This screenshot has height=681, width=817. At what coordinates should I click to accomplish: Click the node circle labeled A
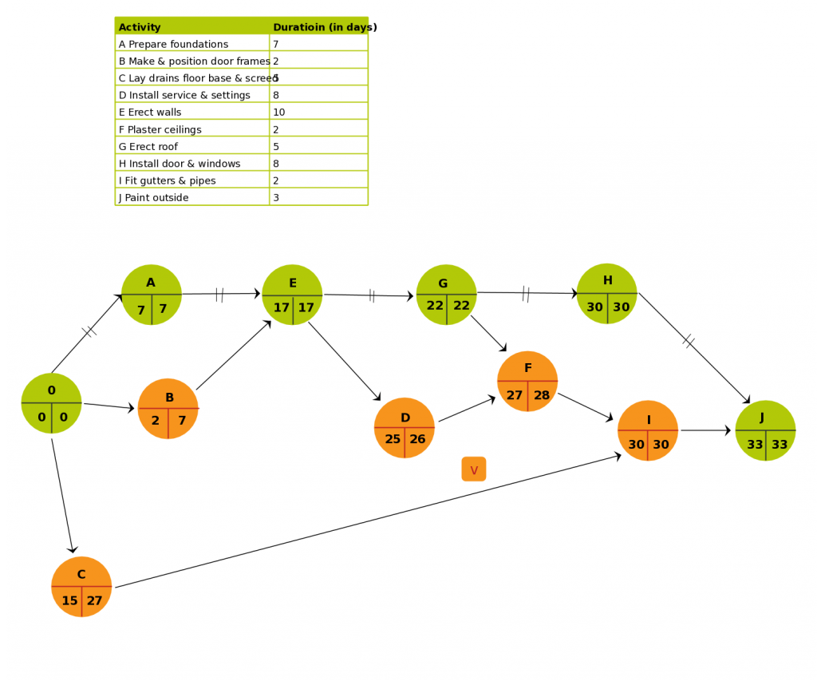pyautogui.click(x=152, y=295)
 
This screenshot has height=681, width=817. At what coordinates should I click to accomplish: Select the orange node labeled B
pyautogui.click(x=168, y=409)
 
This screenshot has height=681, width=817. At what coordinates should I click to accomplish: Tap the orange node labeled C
pyautogui.click(x=81, y=587)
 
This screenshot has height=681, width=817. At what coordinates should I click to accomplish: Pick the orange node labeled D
pyautogui.click(x=405, y=428)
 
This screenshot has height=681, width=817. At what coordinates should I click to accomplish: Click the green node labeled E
pyautogui.click(x=292, y=295)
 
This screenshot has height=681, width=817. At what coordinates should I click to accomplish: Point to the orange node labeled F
pyautogui.click(x=527, y=381)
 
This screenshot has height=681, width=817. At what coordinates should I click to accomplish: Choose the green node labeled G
pyautogui.click(x=447, y=295)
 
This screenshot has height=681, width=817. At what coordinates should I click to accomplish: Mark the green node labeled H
pyautogui.click(x=607, y=294)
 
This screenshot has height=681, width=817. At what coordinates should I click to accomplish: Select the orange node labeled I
pyautogui.click(x=648, y=431)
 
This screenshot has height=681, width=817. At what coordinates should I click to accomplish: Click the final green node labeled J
pyautogui.click(x=766, y=431)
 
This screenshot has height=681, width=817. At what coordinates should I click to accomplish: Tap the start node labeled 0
pyautogui.click(x=52, y=403)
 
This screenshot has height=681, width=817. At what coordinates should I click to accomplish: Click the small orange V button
pyautogui.click(x=474, y=469)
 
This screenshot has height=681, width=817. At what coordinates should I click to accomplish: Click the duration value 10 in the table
pyautogui.click(x=279, y=112)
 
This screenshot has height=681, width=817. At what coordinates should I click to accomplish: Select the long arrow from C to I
pyautogui.click(x=367, y=521)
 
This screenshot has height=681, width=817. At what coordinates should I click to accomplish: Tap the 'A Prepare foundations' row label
pyautogui.click(x=173, y=44)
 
